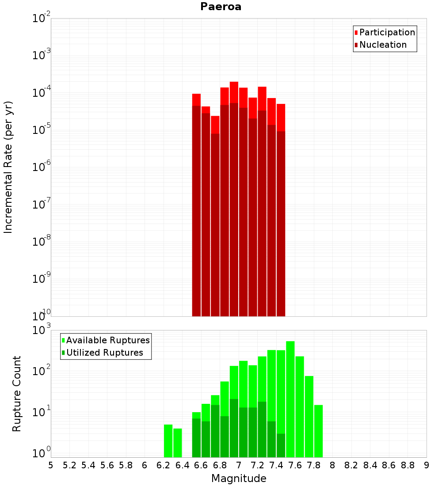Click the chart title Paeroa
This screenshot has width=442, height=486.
pos(221,7)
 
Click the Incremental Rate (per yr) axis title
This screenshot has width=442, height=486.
pos(8,167)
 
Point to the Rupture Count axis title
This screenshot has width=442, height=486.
pos(17,394)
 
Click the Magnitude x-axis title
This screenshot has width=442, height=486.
pos(239,478)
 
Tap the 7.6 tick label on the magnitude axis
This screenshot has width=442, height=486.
pos(295,465)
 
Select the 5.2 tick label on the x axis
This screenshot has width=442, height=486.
pos(69,465)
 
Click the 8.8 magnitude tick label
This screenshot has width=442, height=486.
pos(408,465)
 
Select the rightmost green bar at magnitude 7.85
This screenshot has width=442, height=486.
pos(318,431)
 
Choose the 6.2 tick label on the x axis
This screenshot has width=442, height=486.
pos(164,465)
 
